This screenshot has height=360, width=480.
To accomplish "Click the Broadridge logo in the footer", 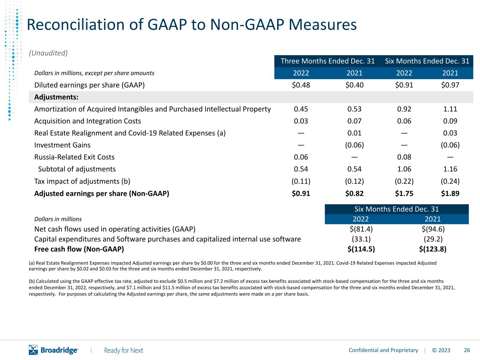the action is [x=53, y=350].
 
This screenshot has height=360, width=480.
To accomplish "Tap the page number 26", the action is [x=467, y=350].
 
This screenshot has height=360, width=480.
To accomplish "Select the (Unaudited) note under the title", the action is [x=48, y=53].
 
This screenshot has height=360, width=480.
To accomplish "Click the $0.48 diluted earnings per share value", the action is [x=301, y=85].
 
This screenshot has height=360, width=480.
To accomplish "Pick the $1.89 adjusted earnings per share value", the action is [x=450, y=193].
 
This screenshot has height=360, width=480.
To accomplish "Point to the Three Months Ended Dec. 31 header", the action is [x=328, y=61].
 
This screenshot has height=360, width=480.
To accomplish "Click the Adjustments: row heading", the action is [x=56, y=97].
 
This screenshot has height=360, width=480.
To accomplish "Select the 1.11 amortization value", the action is [x=450, y=109].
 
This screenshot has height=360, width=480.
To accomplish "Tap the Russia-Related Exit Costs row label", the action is [x=74, y=157].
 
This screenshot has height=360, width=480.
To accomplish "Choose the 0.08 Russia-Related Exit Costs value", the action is [x=404, y=157].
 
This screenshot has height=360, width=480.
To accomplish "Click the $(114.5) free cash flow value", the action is [x=361, y=249].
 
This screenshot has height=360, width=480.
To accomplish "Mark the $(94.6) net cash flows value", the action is [x=433, y=229].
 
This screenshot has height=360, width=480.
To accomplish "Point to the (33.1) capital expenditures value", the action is [x=361, y=239].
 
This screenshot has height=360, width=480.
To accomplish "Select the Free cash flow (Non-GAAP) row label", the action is [x=79, y=249].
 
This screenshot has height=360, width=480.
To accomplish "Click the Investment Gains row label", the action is [x=62, y=145].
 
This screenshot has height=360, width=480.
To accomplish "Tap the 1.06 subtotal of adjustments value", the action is [x=404, y=169].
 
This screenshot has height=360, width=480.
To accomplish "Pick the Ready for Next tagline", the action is [x=123, y=351].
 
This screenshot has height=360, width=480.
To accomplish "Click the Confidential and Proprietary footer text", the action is [x=383, y=350].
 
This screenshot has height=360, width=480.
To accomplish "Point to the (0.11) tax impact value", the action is [x=301, y=181].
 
